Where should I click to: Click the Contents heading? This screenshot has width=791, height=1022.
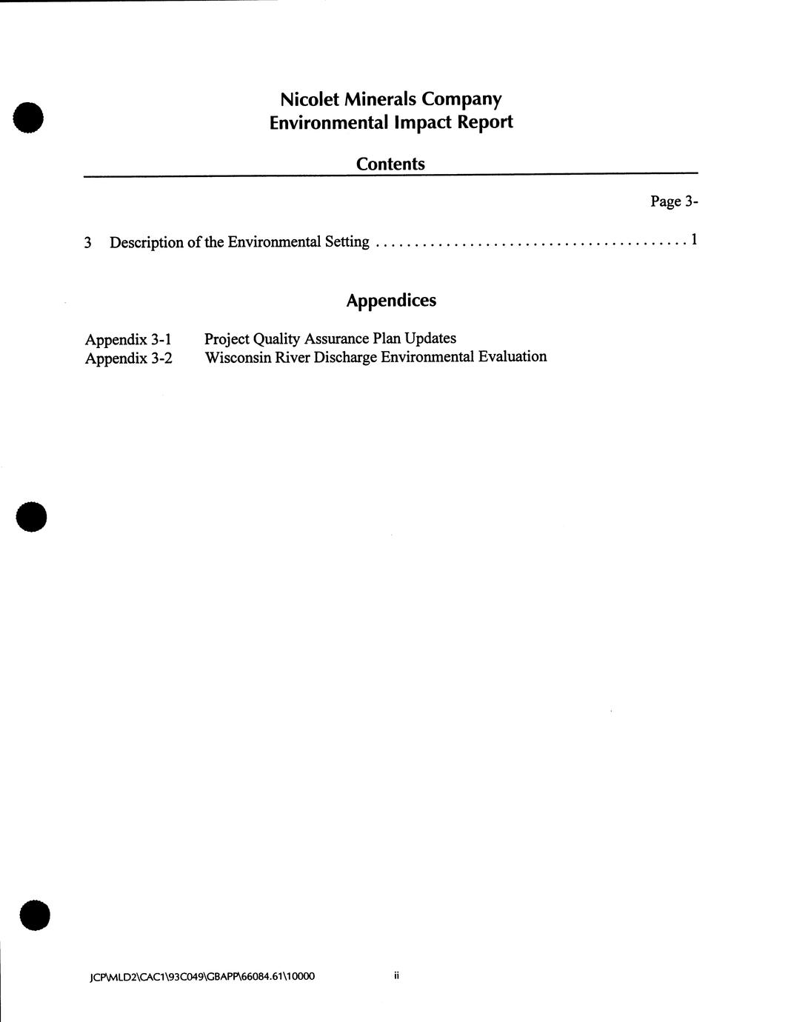390,164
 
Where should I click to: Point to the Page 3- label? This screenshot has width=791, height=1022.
674,201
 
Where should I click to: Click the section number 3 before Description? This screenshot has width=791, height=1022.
88,243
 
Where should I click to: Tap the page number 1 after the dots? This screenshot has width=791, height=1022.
693,239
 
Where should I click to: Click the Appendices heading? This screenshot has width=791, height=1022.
391,300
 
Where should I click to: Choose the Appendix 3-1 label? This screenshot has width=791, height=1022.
128,340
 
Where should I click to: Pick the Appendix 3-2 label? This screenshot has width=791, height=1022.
128,358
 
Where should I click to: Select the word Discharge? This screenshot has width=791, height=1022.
342,357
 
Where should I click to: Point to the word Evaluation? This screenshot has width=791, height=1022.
513,356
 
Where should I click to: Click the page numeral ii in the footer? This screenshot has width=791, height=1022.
397,976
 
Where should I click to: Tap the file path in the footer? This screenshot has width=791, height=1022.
201,977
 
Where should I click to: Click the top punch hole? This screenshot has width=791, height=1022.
29,117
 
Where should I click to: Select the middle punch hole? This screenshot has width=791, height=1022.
32,516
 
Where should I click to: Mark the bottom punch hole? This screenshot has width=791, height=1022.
35,915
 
